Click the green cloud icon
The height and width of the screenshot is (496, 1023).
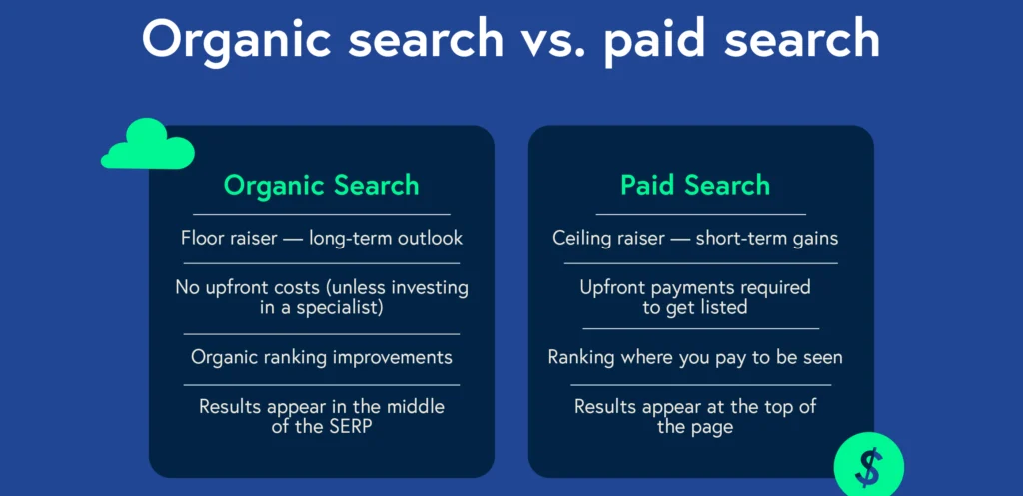point(148,144)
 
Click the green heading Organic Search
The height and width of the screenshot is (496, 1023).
point(321,185)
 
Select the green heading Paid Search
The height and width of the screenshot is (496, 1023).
point(695,185)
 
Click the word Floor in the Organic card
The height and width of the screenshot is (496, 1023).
point(201,238)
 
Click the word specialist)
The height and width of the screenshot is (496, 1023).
point(340,308)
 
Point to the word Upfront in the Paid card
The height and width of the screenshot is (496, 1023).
point(611,287)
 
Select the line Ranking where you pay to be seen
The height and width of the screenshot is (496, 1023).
point(695,358)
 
